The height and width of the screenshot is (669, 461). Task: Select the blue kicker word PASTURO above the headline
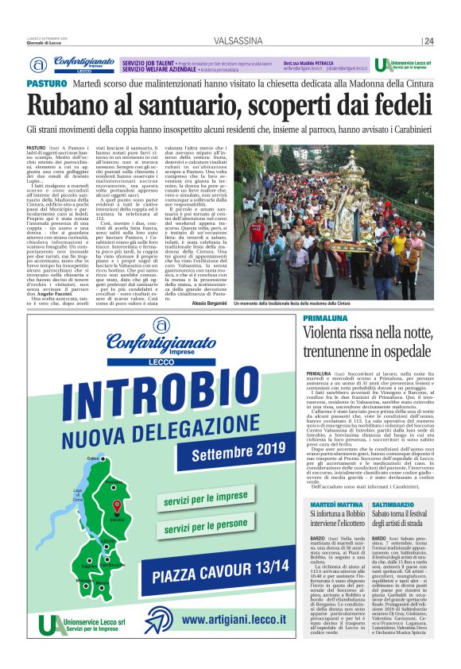pos(45,83)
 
